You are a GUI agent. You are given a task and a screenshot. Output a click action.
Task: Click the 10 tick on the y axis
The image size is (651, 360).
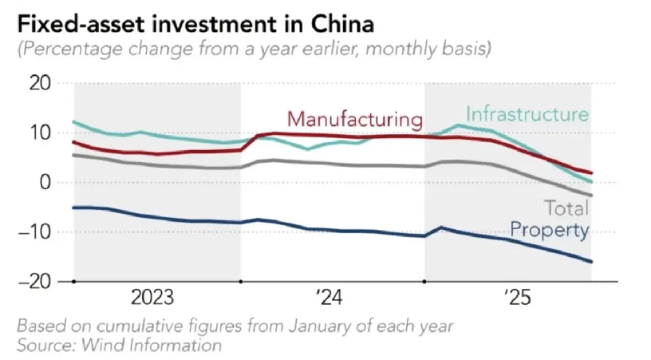tap(39, 133)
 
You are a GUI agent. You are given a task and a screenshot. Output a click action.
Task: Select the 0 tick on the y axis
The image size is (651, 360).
tap(45, 182)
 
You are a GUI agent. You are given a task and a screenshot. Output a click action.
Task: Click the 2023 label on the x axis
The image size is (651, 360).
tap(156, 299)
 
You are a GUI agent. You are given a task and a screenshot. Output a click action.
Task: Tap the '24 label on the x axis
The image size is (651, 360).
tap(329, 299)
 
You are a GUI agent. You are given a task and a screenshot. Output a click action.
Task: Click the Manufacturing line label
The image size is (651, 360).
tap(354, 120)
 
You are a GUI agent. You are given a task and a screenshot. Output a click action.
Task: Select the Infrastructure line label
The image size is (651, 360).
tap(527, 113)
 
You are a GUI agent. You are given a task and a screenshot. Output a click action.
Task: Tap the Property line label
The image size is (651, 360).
tap(549, 231)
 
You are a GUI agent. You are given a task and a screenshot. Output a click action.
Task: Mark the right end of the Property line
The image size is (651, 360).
tap(591, 262)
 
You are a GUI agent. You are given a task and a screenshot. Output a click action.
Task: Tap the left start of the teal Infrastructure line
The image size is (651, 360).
tap(73, 122)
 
